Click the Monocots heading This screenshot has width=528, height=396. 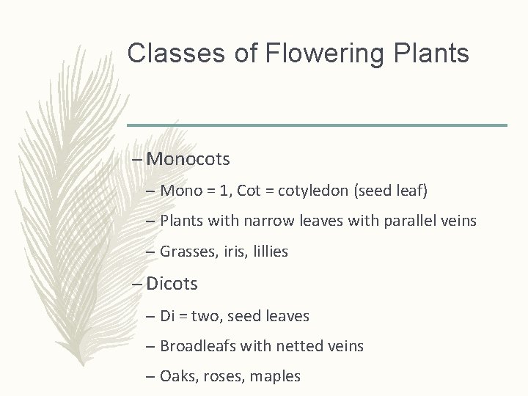(x=188, y=158)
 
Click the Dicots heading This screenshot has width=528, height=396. (x=172, y=283)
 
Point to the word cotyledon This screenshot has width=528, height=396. (x=316, y=191)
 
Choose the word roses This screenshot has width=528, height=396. (x=224, y=377)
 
